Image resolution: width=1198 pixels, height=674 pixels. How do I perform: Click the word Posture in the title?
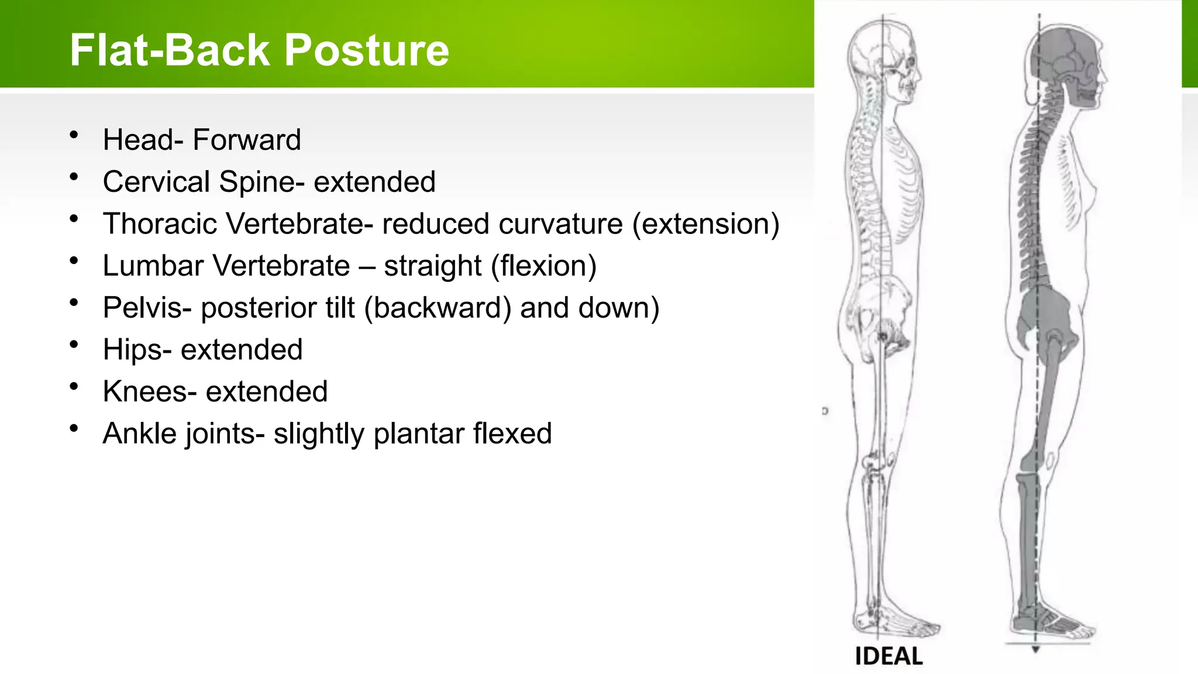(367, 50)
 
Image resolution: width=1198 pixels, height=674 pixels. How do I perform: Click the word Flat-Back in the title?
(170, 50)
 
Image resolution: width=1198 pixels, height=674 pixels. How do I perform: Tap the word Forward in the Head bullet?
(246, 140)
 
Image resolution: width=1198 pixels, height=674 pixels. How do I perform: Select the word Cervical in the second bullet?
(156, 182)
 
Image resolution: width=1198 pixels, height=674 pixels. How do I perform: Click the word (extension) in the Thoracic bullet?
(705, 224)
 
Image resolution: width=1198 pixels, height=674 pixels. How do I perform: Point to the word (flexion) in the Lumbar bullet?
(543, 266)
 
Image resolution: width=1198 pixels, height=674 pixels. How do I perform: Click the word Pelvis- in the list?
(147, 308)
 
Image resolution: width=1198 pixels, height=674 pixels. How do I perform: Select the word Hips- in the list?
(137, 350)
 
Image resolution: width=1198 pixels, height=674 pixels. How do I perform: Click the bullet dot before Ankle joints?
(74, 429)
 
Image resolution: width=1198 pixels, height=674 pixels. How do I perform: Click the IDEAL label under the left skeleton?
(889, 656)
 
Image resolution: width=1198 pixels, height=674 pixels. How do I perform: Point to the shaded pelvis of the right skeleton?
(1044, 316)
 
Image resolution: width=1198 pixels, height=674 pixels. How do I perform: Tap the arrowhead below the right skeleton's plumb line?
(1035, 649)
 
